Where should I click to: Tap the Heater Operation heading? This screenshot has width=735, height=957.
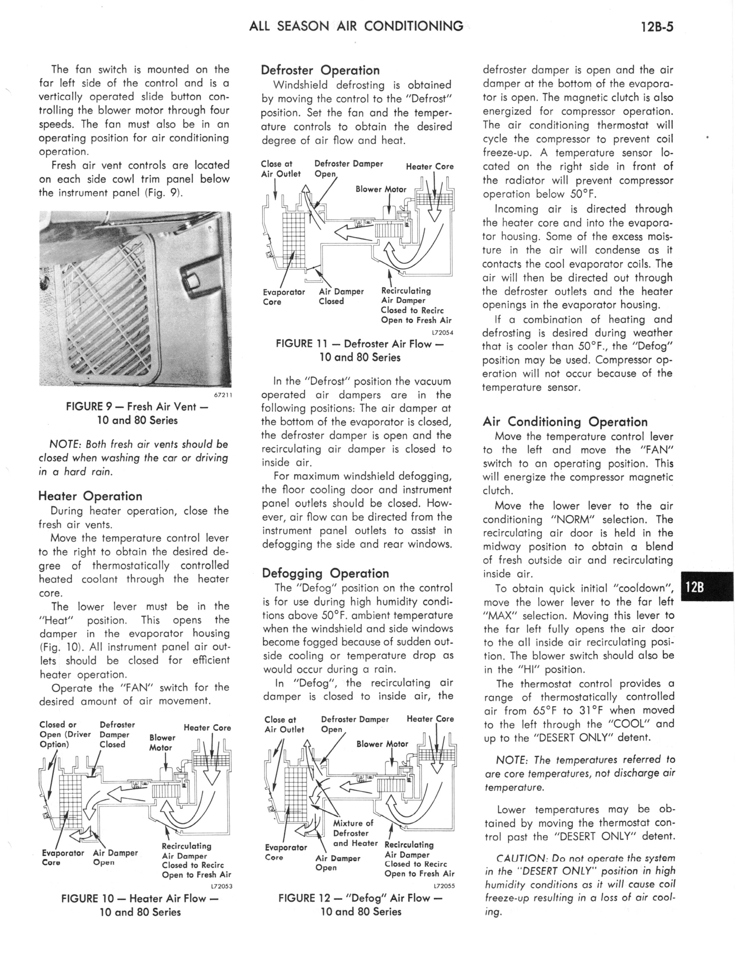[x=90, y=496]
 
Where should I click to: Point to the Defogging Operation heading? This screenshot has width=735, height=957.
[x=325, y=573]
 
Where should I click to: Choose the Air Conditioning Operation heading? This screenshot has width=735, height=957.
[x=565, y=422]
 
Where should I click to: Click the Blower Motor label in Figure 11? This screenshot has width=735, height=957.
[x=381, y=189]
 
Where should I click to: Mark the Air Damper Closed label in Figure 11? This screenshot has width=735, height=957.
[x=341, y=296]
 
